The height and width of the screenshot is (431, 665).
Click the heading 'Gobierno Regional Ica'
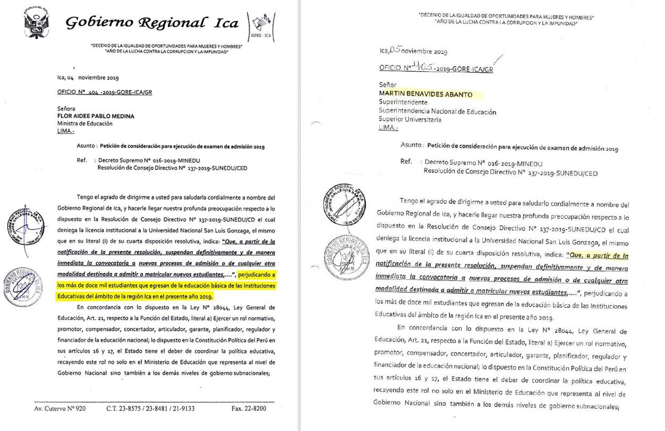(151, 22)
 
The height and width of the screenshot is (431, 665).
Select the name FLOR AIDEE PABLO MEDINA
(96, 116)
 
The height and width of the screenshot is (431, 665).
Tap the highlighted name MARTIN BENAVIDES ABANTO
(425, 94)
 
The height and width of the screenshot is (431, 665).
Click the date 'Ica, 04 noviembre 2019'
(88, 77)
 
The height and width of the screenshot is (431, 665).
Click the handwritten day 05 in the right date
(395, 50)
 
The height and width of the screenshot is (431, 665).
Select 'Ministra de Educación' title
(84, 124)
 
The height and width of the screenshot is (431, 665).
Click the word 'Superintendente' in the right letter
(403, 102)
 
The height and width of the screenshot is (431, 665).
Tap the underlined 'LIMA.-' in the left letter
(66, 131)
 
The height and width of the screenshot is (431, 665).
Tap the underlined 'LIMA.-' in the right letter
(388, 128)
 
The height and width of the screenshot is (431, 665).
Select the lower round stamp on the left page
(22, 287)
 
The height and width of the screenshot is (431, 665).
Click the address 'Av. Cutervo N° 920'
(60, 409)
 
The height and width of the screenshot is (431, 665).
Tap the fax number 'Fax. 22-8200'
(249, 409)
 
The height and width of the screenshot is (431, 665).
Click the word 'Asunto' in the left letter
(86, 146)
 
